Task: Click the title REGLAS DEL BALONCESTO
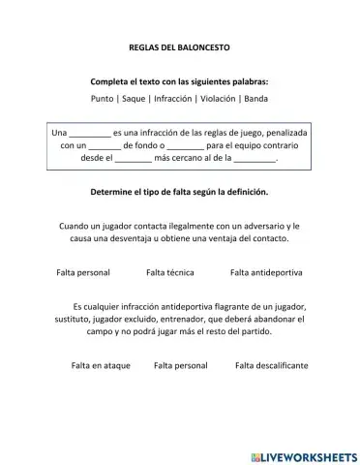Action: pyautogui.click(x=179, y=46)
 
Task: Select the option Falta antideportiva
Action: pyautogui.click(x=266, y=272)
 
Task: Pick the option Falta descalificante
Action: pyautogui.click(x=271, y=365)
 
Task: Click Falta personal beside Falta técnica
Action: pyautogui.click(x=83, y=272)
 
